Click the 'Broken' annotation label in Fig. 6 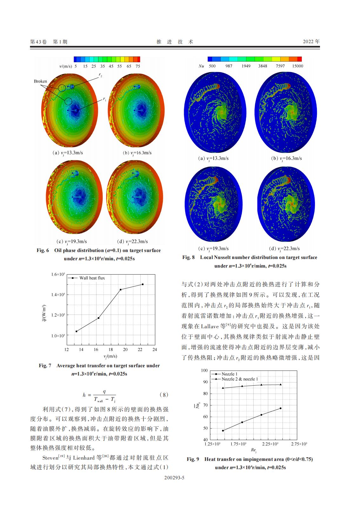(40, 81)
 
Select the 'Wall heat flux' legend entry (92, 278)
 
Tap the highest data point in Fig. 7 (143, 284)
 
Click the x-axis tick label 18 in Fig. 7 (111, 349)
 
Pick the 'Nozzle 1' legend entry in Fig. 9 (230, 374)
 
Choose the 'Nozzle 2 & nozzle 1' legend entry (240, 379)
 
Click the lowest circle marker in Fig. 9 (223, 431)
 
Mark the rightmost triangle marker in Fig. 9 (280, 384)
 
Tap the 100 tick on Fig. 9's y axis (204, 370)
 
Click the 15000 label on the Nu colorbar (297, 66)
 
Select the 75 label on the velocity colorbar (137, 66)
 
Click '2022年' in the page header (311, 42)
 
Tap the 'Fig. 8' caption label (188, 257)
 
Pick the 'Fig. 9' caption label (193, 459)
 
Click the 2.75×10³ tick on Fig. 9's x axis (299, 444)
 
